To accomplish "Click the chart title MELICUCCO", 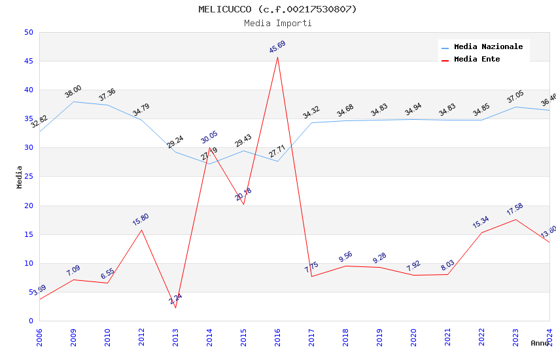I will pos(278,9).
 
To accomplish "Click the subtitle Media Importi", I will pos(278,23).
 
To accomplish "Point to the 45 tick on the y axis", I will pos(28,62).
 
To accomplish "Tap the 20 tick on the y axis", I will pos(28,206).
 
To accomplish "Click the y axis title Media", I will pos(20,177).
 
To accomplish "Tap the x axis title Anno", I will pos(540,343).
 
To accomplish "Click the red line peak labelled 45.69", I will pos(277,57).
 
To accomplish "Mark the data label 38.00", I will pos(73,92).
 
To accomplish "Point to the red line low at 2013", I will pos(175,308).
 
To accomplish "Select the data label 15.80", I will pos(141,219).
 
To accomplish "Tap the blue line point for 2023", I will pos(515,107).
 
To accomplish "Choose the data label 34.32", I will pos(311,113).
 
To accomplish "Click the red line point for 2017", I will pos(311,276).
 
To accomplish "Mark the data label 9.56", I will pos(345,257).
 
